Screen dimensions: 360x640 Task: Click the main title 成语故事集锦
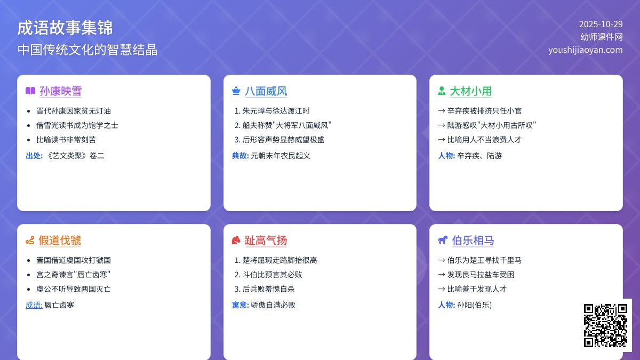(x=65, y=28)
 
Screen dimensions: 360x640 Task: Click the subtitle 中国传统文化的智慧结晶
(x=87, y=50)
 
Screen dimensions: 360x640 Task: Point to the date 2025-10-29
(x=601, y=24)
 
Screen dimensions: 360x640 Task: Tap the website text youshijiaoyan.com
(x=585, y=50)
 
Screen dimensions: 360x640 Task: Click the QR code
(x=605, y=325)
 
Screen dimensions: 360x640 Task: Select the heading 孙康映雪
(x=60, y=91)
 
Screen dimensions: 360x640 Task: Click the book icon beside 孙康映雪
(x=30, y=91)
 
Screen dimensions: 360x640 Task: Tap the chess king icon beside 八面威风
(x=236, y=91)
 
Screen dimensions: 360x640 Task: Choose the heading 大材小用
(x=470, y=91)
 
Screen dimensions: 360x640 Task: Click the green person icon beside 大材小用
(x=442, y=91)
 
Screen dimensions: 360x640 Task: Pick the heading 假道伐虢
(x=60, y=241)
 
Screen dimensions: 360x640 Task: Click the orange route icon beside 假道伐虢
(x=30, y=241)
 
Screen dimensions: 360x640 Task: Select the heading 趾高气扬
(x=266, y=241)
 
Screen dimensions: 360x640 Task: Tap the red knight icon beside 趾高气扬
(x=236, y=241)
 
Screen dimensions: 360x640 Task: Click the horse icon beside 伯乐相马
(x=443, y=241)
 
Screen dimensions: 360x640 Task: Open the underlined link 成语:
(x=34, y=305)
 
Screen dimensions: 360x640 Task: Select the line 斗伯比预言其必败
(x=272, y=275)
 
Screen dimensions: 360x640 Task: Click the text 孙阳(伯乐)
(x=474, y=305)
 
